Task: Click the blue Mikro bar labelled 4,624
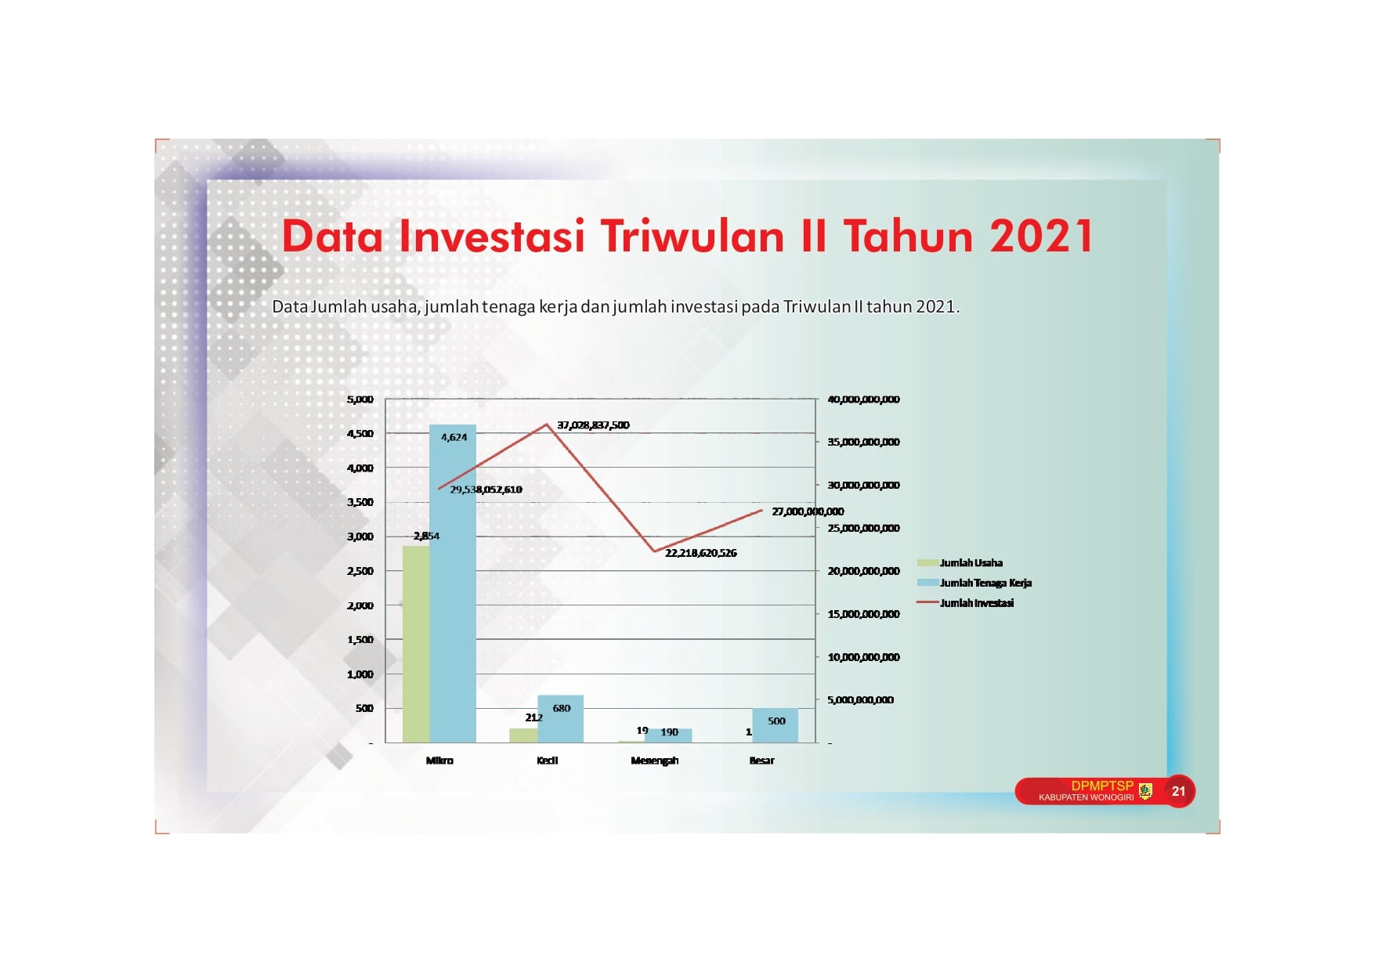click(x=453, y=584)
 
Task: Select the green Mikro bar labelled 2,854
click(x=416, y=644)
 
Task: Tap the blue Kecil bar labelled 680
click(x=560, y=719)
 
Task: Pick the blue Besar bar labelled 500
click(x=776, y=725)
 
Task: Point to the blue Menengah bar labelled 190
click(x=668, y=736)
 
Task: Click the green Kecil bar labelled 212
click(x=523, y=735)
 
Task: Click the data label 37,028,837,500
click(x=593, y=425)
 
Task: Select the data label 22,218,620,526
click(x=701, y=553)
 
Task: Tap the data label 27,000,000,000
click(x=808, y=511)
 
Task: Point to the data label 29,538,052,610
click(x=486, y=490)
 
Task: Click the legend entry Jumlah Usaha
click(x=960, y=563)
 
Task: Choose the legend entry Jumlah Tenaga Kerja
click(x=974, y=583)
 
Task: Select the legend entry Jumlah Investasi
click(x=965, y=603)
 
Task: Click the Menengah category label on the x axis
click(x=655, y=761)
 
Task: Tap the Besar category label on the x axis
click(x=761, y=761)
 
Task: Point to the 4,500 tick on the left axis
click(x=360, y=434)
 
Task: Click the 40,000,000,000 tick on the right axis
click(x=863, y=399)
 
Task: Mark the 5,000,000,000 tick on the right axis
click(x=860, y=700)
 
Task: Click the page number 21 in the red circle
click(x=1178, y=791)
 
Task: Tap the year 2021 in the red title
click(x=1042, y=236)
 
